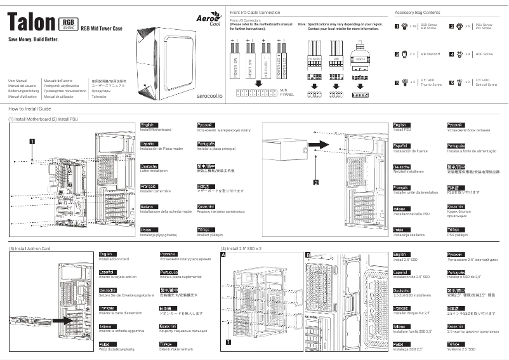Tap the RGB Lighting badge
tap(69, 23)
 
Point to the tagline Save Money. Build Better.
tap(33, 39)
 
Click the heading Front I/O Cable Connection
tap(255, 12)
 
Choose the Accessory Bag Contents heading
tap(417, 12)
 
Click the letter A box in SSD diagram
tap(223, 255)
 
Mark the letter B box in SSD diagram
tap(308, 255)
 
